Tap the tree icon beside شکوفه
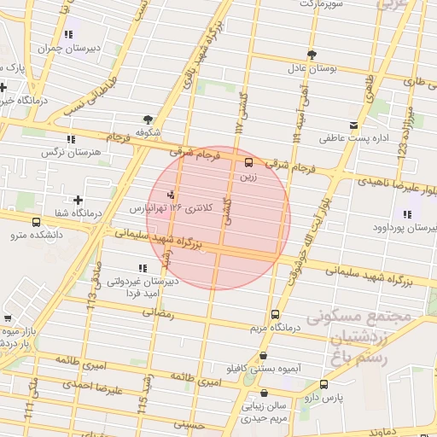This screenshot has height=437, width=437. (149, 119)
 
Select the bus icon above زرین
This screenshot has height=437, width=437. (249, 161)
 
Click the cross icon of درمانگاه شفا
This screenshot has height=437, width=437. (78, 200)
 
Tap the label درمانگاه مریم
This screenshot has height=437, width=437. (274, 328)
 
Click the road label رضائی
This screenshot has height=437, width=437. (161, 314)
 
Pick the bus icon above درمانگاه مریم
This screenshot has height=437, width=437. (275, 314)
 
